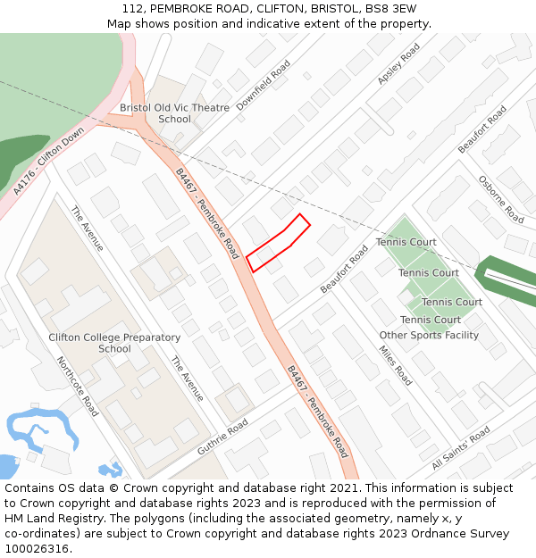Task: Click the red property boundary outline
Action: [278, 243]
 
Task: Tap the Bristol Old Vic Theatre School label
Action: [174, 113]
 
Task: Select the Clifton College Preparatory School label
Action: [114, 343]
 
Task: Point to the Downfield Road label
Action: [264, 85]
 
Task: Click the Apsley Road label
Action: [398, 64]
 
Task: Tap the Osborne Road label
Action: [501, 198]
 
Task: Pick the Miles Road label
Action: [396, 365]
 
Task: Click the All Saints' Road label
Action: [461, 448]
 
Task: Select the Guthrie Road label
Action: [223, 437]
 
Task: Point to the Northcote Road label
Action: [78, 386]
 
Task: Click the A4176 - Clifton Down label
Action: [49, 161]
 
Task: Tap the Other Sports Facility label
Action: [429, 336]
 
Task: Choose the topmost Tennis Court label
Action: [406, 242]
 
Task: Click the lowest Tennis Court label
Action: [431, 320]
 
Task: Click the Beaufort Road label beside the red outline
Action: [344, 269]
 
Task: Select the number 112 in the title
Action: [133, 9]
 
